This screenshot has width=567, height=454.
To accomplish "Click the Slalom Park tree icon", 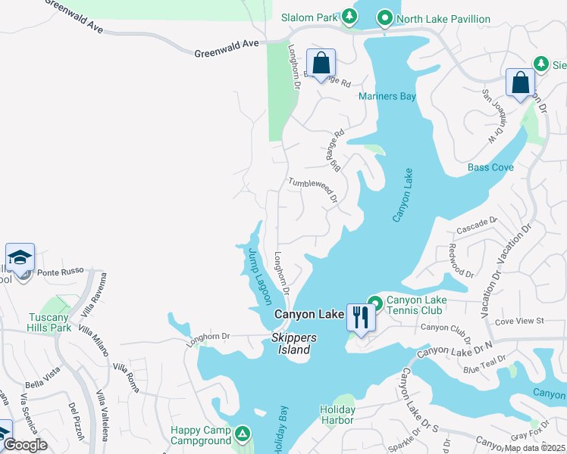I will (x=349, y=16).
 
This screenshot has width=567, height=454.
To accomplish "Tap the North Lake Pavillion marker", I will (x=384, y=18).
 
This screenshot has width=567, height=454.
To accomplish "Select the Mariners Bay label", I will (x=387, y=96).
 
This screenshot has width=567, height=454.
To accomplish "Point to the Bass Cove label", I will (x=490, y=167).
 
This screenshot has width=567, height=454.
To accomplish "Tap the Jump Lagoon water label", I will (x=258, y=276).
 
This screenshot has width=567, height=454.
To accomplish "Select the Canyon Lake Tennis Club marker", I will (x=374, y=301).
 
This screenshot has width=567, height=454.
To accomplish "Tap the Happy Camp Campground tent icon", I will (x=242, y=434).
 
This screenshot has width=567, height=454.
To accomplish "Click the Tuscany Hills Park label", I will (x=50, y=322).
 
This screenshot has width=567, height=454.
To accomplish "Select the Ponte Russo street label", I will (x=59, y=272).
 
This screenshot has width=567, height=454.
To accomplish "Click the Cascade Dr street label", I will (x=476, y=225).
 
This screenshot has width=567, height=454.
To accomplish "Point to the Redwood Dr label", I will (x=460, y=260).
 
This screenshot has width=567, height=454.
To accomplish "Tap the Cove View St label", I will (x=519, y=322).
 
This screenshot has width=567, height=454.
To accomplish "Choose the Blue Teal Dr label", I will (x=484, y=365).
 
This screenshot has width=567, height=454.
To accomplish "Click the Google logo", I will (x=25, y=445).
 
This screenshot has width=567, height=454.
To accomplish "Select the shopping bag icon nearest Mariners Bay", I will (x=321, y=64).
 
